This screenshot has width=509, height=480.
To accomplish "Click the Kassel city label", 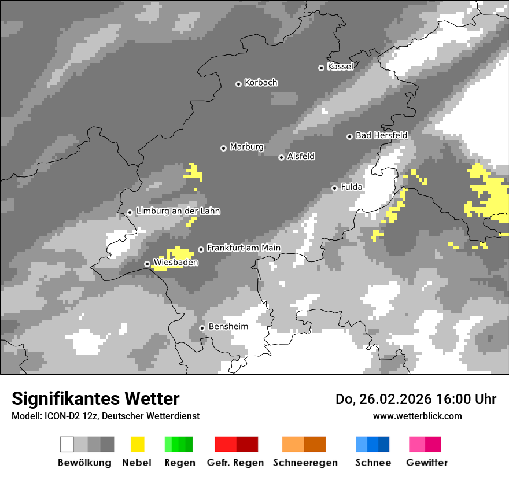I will click(340, 67).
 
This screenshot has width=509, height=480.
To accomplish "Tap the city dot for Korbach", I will click(238, 84).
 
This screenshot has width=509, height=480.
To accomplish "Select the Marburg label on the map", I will click(246, 147).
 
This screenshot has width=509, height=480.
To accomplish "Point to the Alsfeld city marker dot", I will click(281, 157).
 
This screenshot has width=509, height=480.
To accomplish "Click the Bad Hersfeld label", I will click(381, 135).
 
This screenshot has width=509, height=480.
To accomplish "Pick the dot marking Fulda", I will click(334, 188).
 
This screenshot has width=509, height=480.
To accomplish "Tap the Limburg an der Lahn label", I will click(178, 211).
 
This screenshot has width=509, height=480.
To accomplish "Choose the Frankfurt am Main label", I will click(244, 248).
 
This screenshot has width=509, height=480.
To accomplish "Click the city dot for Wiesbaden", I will click(147, 264).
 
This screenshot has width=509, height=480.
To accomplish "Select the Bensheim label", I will click(228, 327).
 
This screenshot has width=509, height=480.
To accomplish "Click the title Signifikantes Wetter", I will click(95, 398).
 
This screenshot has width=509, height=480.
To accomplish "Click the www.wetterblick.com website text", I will click(418, 416).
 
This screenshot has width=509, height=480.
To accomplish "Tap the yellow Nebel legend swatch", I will click(138, 444).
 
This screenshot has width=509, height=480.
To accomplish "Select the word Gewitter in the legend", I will click(427, 463).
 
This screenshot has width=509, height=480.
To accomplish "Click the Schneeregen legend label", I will click(305, 463).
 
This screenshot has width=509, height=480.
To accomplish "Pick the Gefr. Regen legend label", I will click(235, 463).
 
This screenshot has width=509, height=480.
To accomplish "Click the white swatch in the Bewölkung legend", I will click(67, 444).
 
